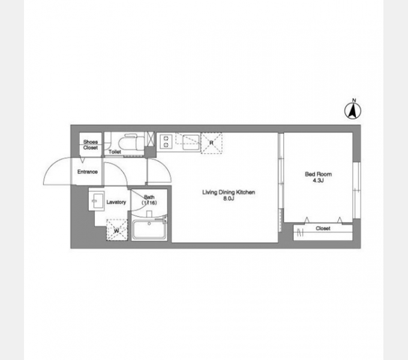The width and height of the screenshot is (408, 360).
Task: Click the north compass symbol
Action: [x=353, y=110]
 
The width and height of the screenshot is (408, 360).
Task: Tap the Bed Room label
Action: [x=318, y=174]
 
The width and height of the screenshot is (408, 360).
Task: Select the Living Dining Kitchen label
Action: [x=229, y=192]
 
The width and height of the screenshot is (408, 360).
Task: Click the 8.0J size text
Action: [x=229, y=199]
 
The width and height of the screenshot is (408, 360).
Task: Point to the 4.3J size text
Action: [x=318, y=180]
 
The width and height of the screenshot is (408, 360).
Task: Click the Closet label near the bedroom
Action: [x=323, y=228]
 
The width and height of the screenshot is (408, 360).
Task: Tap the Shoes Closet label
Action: [x=90, y=145]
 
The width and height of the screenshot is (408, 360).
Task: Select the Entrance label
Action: [x=88, y=172]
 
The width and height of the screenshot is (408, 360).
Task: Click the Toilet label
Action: [x=115, y=152]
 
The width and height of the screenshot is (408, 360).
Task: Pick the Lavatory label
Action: [x=116, y=202]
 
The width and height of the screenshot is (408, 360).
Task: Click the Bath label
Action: [x=149, y=197]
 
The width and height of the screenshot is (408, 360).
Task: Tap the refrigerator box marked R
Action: [x=211, y=143]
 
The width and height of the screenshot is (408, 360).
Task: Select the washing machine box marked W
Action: [x=117, y=230]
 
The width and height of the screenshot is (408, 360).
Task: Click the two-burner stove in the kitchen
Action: [x=166, y=142]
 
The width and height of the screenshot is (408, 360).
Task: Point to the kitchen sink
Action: [x=191, y=143]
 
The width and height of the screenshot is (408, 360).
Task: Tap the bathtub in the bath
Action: [x=149, y=230]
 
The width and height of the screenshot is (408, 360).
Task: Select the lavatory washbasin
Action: [x=96, y=200]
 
